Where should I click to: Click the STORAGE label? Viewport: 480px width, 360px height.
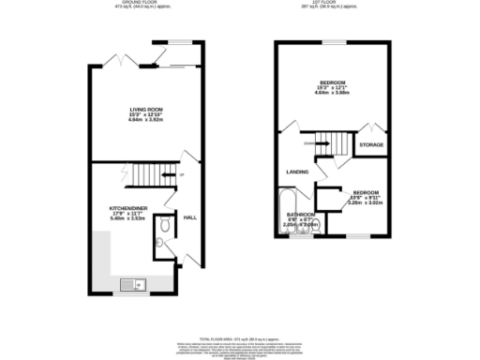pyautogui.click(x=372, y=145)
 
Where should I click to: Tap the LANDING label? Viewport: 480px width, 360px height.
pyautogui.click(x=299, y=172)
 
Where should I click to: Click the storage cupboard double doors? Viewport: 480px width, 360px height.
pyautogui.click(x=372, y=129)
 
